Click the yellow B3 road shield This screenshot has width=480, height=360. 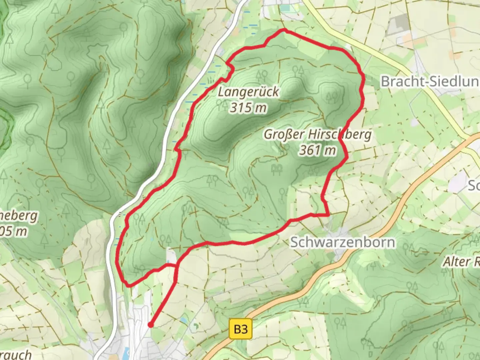click(x=241, y=329)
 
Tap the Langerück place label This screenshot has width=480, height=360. click(x=249, y=92)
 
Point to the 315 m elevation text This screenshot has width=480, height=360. click(x=248, y=107)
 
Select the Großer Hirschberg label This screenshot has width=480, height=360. click(x=318, y=134)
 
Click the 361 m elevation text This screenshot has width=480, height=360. click(x=317, y=150)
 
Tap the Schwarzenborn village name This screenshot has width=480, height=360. click(x=343, y=242)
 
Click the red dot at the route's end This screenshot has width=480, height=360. click(x=151, y=325)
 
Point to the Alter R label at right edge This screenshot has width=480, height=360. click(x=461, y=262)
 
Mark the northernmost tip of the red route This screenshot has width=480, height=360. click(x=285, y=30)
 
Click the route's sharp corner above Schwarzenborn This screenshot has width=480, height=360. click(x=329, y=215)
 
